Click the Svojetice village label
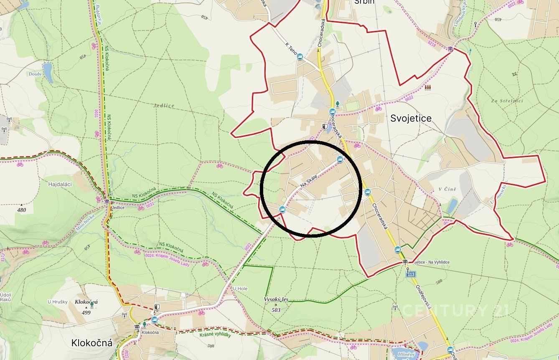(x=411, y=118)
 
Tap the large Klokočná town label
(x=92, y=343)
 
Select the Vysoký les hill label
(x=276, y=299)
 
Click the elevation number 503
(x=276, y=309)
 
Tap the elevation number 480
(x=22, y=210)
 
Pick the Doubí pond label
(x=35, y=74)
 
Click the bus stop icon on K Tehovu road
(x=300, y=57)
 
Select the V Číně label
(x=447, y=190)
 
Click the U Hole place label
(x=240, y=288)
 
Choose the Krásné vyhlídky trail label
(x=215, y=335)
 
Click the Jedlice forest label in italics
(x=164, y=106)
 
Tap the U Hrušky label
(x=57, y=302)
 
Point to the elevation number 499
(x=86, y=312)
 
